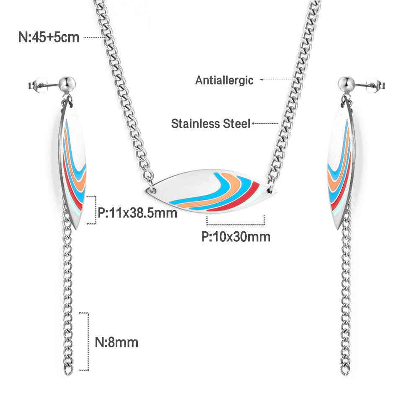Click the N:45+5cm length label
tap(49, 37)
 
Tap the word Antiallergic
tap(224, 80)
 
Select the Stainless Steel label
tap(211, 124)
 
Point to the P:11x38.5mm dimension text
tap(137, 213)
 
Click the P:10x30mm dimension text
tap(236, 237)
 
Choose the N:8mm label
tap(116, 342)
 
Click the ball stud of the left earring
tap(67, 84)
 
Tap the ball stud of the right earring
tap(346, 84)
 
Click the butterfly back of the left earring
tap(37, 85)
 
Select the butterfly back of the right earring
tap(376, 85)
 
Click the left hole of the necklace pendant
tap(154, 190)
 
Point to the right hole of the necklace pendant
tap(269, 191)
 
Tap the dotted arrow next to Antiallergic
tap(278, 80)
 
